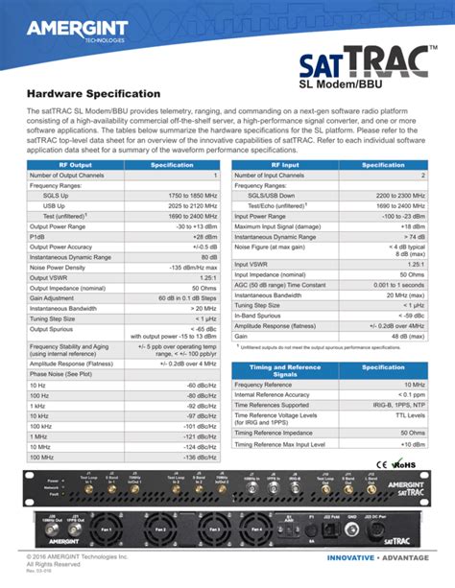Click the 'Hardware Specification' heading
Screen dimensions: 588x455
(93, 94)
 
